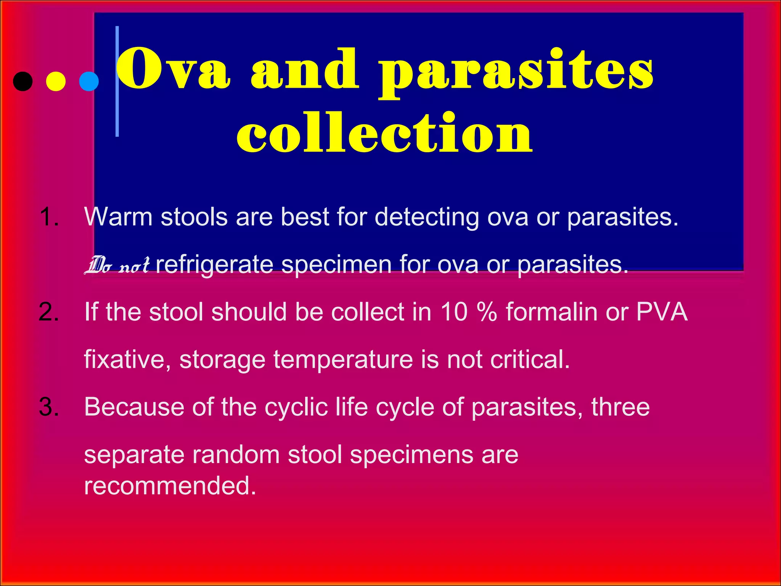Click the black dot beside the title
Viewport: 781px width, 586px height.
click(x=23, y=81)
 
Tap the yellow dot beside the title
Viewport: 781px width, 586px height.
click(x=56, y=81)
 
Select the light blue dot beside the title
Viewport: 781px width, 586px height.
click(x=89, y=81)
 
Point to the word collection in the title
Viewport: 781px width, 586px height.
click(x=384, y=134)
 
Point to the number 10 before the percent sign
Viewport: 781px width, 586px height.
click(x=454, y=312)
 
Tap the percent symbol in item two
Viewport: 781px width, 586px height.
click(x=487, y=312)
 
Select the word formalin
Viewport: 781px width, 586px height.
click(x=551, y=312)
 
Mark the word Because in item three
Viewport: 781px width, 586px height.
click(x=134, y=407)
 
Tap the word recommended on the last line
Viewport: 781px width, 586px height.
click(x=170, y=486)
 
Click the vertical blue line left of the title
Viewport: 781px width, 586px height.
click(x=117, y=81)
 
